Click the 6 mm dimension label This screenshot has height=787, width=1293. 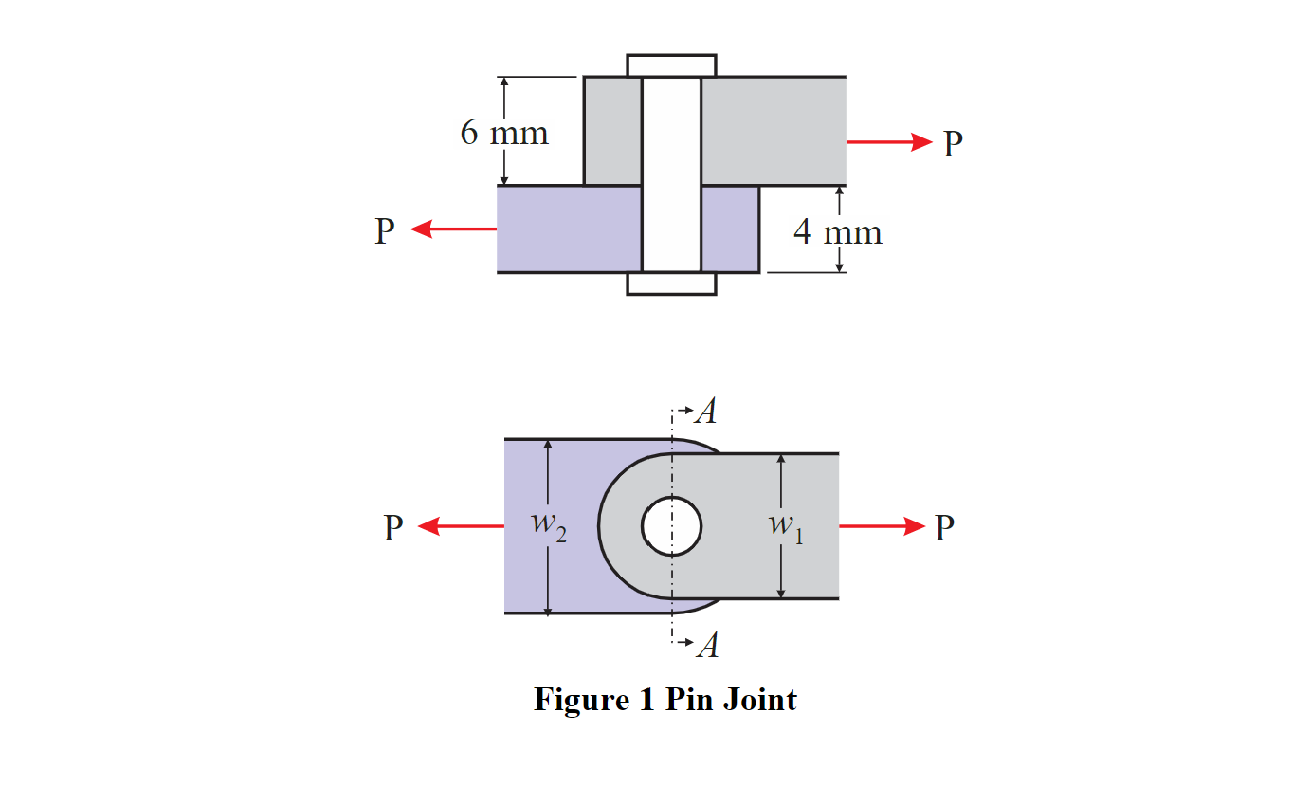pos(504,133)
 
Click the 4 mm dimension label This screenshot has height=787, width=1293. pos(838,232)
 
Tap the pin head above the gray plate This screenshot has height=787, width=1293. pos(671,65)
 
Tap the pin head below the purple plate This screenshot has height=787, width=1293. pos(671,284)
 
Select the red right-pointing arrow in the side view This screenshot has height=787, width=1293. pos(889,142)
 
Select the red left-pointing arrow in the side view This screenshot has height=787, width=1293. pos(453,229)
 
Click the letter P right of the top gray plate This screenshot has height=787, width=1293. pos(953,144)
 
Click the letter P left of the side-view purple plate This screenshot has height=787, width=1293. pos(384,230)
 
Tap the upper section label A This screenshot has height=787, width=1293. pos(705,412)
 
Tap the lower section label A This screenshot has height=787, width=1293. pos(706,646)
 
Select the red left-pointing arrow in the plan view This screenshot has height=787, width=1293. pos(461,526)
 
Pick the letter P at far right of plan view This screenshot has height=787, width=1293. pos(943,528)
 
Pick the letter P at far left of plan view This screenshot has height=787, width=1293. pos(392,528)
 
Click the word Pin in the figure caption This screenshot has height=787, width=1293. pos(689,700)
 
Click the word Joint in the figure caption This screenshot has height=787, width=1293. pos(759,700)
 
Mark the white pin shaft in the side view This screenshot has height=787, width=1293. pos(671,175)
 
